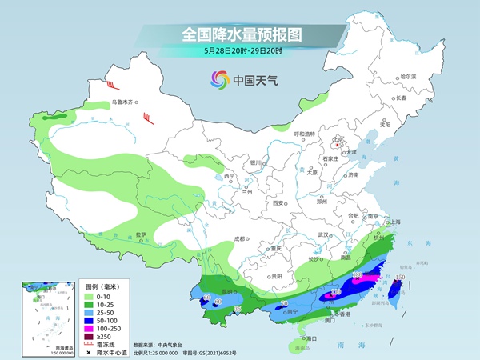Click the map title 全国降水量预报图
(x=242, y=34)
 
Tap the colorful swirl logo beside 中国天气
(x=218, y=79)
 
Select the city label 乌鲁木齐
(x=125, y=102)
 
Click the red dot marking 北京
(x=338, y=146)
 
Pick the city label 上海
(x=393, y=222)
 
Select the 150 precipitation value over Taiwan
(x=398, y=277)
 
